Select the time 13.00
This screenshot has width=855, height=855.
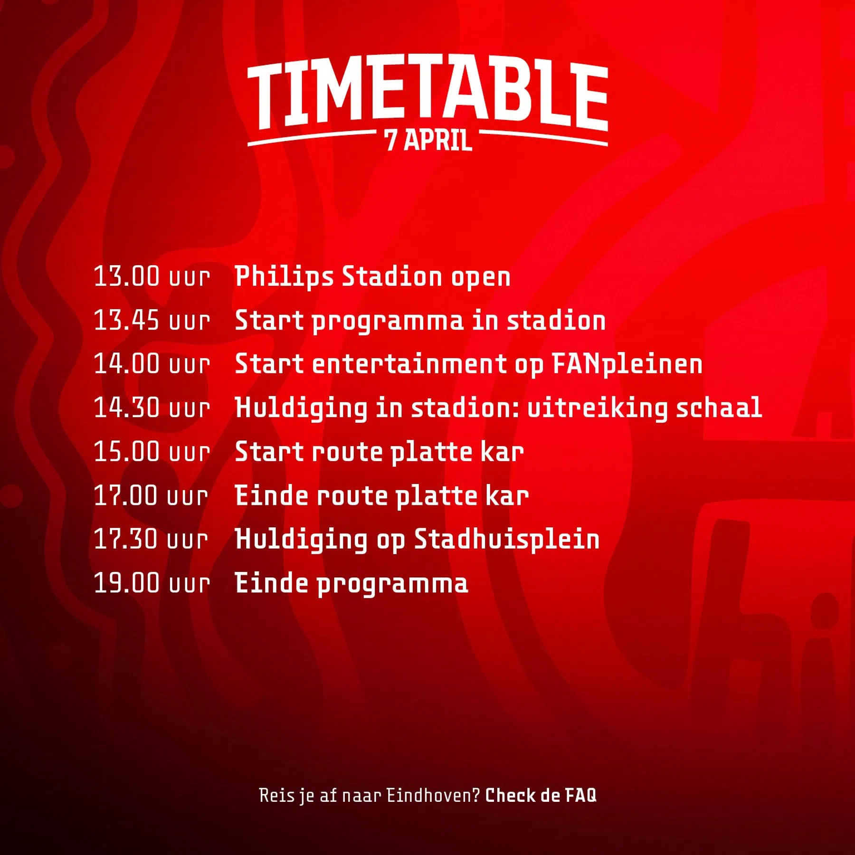(126, 276)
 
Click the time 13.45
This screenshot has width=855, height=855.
(126, 320)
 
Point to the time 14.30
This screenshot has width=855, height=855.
(126, 408)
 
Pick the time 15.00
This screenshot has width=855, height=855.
(126, 451)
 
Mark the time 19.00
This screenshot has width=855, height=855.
(126, 583)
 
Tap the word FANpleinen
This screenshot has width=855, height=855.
(627, 365)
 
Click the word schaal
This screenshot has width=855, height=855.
(719, 408)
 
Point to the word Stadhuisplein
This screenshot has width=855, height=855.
(507, 540)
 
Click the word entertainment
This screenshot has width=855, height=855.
(409, 364)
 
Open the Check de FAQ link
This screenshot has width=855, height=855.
(541, 795)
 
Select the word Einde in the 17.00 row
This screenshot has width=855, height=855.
(272, 495)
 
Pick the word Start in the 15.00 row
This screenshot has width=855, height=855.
(269, 451)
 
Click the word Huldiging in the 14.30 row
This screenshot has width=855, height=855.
(301, 408)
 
